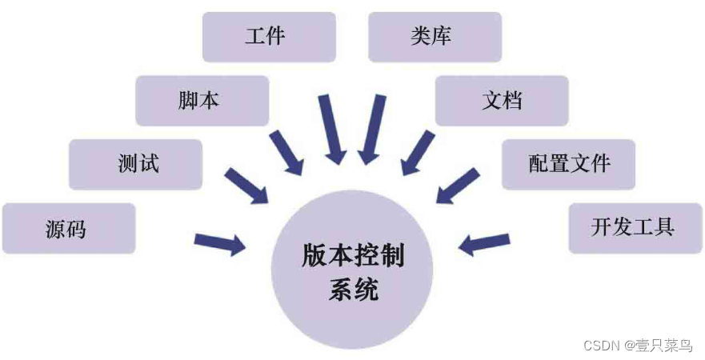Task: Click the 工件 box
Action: (x=268, y=37)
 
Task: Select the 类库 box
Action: (x=435, y=37)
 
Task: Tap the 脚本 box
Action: (x=202, y=101)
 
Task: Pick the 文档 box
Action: (x=502, y=101)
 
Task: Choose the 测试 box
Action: (x=135, y=164)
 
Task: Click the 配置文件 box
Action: (x=568, y=164)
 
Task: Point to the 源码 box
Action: (x=68, y=229)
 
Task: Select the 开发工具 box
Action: (x=635, y=227)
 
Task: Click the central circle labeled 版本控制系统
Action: (x=352, y=272)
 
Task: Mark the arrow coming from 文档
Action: (x=416, y=153)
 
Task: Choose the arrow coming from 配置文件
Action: (x=458, y=187)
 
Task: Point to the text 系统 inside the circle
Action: (x=352, y=290)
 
